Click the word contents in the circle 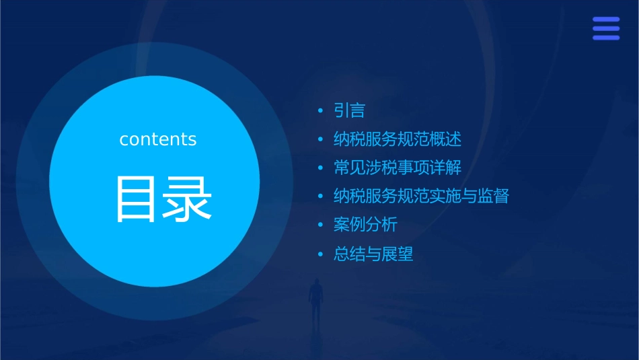pos(158,139)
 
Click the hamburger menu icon pos(605,29)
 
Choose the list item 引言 pos(349,110)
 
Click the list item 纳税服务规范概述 pos(398,139)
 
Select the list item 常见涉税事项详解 pos(398,168)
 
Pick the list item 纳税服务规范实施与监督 pos(421,196)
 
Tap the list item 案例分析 pos(365,225)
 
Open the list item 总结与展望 pos(373,254)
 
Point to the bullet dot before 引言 pos(321,110)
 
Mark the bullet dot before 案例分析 pos(321,225)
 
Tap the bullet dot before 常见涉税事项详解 pos(321,168)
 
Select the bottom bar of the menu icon pos(605,38)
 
